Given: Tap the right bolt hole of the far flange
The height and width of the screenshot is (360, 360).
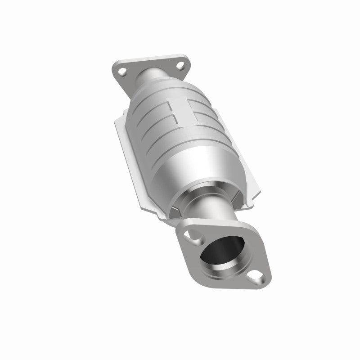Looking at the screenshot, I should tap(180, 66).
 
